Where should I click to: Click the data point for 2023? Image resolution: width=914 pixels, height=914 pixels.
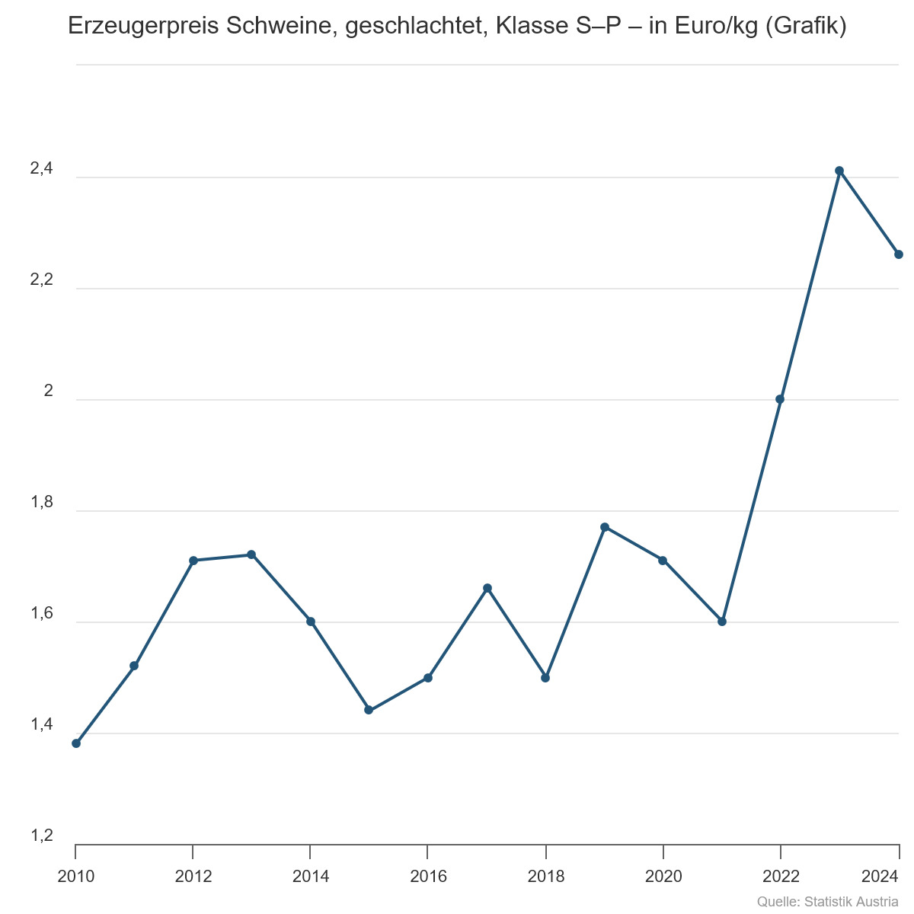pos(839,171)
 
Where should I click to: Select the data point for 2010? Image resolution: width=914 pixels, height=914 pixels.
pos(76,743)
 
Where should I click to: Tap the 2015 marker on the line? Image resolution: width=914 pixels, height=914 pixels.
pos(369,710)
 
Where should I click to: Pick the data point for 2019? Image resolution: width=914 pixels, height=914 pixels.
pos(605,527)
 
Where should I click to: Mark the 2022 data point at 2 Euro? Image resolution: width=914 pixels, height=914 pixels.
pos(780,399)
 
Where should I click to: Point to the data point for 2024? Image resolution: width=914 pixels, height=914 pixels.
pos(899,254)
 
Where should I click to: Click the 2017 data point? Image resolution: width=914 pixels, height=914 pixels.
pos(487,588)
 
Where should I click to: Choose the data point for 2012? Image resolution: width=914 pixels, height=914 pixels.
pos(193,561)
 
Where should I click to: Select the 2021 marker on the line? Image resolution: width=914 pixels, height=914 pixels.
pos(722,622)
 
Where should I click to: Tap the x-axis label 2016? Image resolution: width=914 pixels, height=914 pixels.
pos(428,877)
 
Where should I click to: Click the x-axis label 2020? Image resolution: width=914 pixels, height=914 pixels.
pos(663,877)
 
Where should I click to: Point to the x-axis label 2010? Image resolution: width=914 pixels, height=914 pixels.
pos(76,877)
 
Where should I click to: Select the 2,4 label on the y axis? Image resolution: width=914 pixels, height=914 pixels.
pos(42,170)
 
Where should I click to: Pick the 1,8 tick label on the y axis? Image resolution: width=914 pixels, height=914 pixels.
pos(42,503)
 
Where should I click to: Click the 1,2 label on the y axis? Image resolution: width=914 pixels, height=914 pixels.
pos(42,836)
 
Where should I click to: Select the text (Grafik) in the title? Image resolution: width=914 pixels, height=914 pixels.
pos(805,26)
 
